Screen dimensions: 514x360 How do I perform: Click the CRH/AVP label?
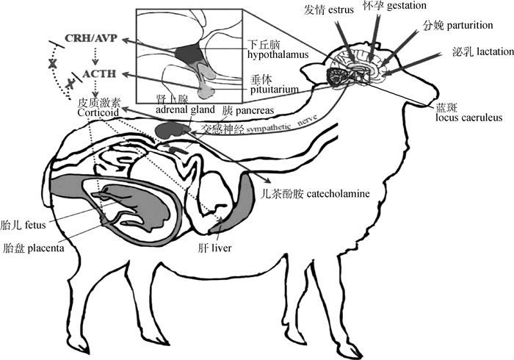tap(91, 38)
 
